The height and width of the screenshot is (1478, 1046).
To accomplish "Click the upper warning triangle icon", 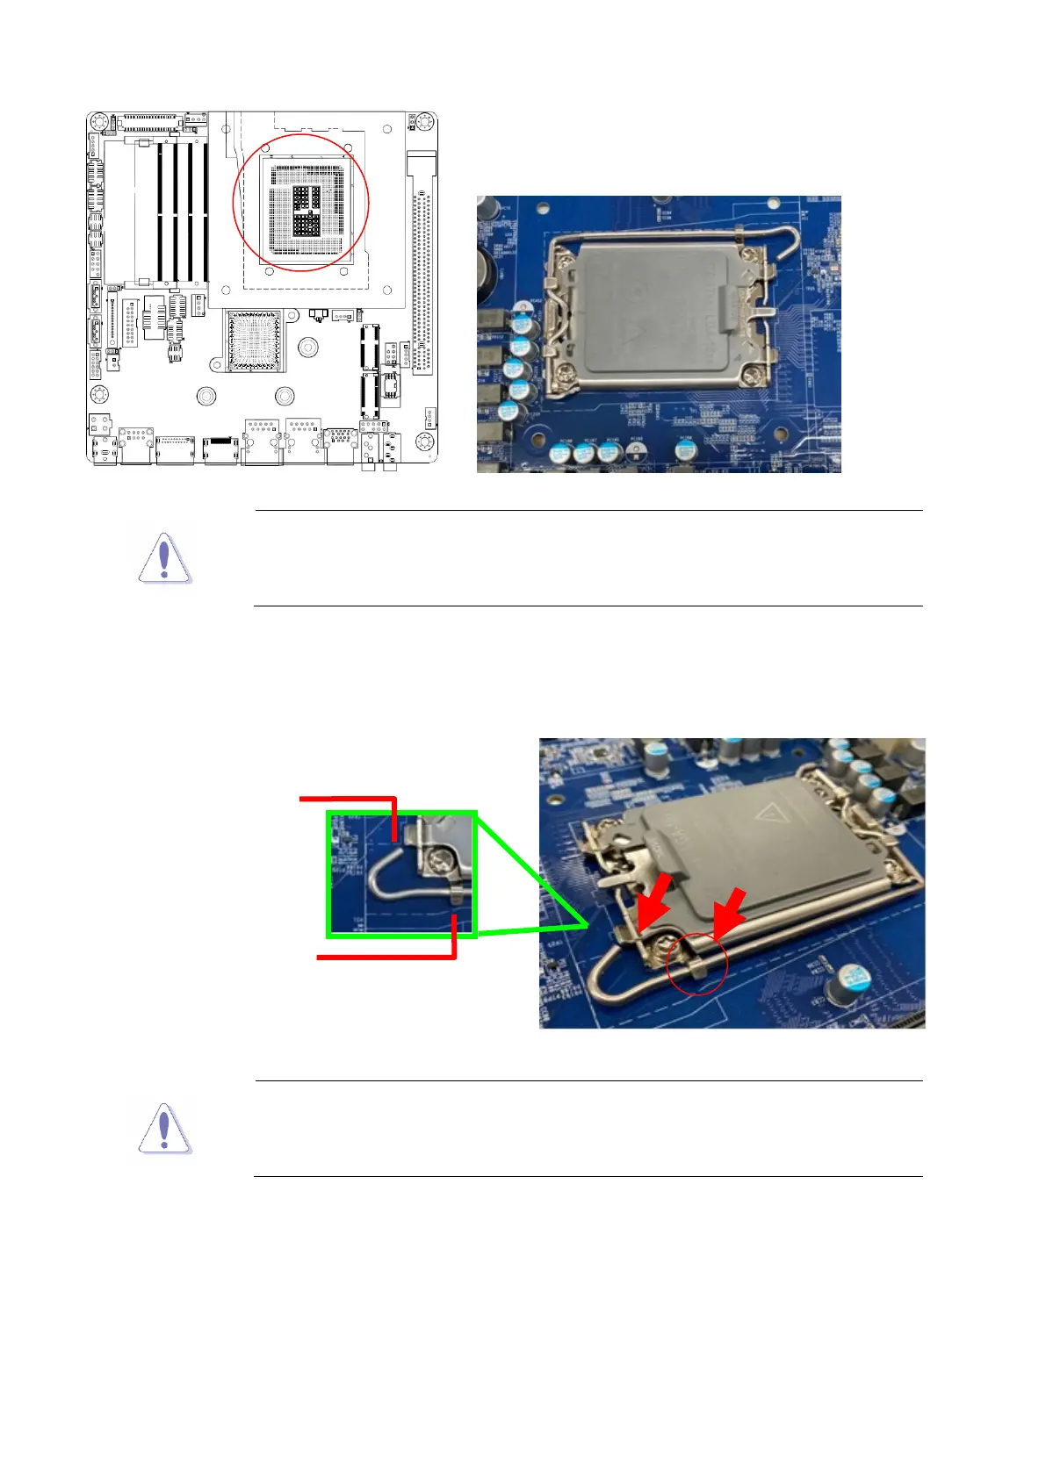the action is [164, 559].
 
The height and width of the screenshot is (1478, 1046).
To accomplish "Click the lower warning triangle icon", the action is [164, 1129].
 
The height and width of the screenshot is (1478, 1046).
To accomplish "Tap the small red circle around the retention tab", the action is [697, 964].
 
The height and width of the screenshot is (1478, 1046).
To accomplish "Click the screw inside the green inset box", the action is [440, 863].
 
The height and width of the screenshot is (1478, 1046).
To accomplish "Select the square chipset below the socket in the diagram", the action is [255, 340].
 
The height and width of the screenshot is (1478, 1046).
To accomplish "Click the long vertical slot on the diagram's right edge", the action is [422, 263].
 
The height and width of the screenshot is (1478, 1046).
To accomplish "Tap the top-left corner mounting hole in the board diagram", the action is [99, 120].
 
